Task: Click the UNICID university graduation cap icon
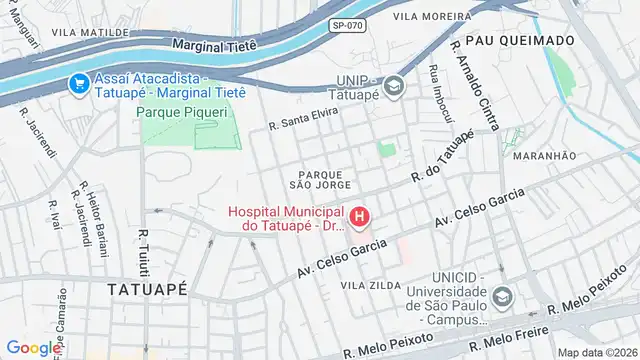coord(502,297)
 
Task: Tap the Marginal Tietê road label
coord(215,45)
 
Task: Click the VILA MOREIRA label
coord(432,16)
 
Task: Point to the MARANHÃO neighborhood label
coord(544,156)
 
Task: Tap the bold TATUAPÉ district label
coord(148,288)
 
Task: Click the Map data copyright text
coord(597,352)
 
